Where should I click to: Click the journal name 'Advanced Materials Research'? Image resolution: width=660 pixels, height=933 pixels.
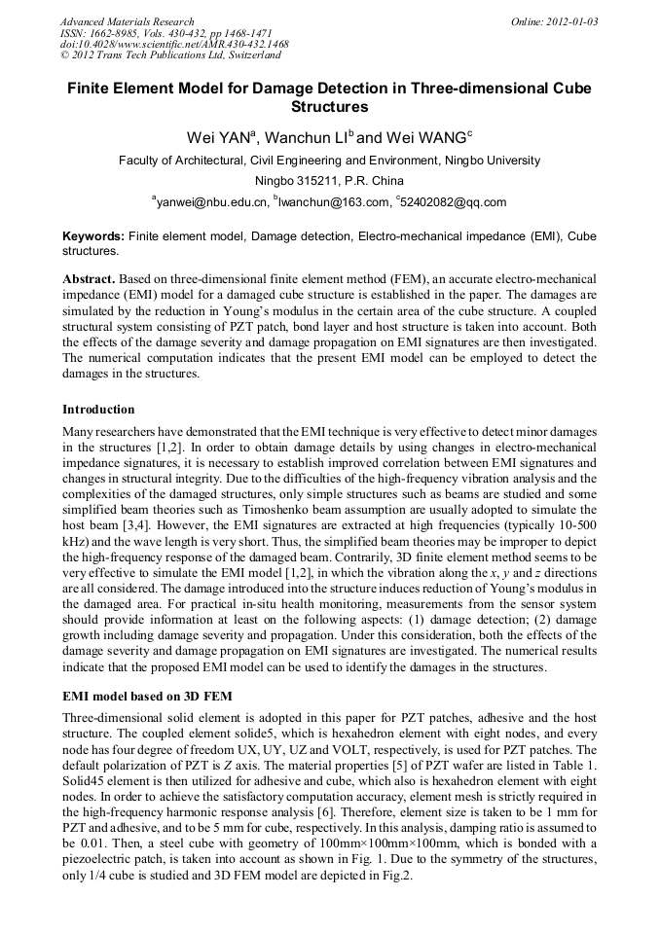click(127, 21)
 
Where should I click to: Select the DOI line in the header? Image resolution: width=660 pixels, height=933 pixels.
click(173, 45)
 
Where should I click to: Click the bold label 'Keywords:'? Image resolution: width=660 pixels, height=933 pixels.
click(93, 236)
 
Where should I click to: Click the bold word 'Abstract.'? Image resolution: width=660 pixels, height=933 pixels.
click(92, 278)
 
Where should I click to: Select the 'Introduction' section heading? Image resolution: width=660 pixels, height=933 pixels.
click(98, 409)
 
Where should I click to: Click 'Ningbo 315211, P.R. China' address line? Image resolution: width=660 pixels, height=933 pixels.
click(329, 181)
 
